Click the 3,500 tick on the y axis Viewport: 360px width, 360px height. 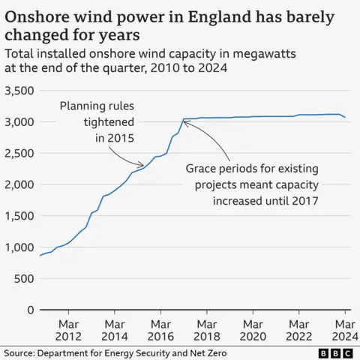[18, 91]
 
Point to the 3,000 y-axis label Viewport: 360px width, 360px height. [18, 122]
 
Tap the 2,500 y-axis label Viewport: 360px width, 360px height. [18, 154]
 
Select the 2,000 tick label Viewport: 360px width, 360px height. [18, 184]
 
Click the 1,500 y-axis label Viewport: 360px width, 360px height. [18, 216]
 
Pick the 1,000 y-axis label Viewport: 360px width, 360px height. [18, 247]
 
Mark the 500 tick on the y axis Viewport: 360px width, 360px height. [23, 278]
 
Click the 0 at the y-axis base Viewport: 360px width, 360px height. [29, 310]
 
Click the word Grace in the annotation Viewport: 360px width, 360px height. [203, 169]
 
